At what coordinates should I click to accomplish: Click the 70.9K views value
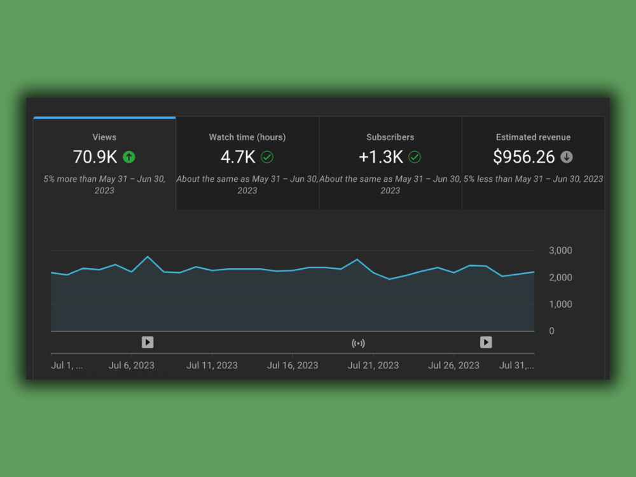[x=95, y=157]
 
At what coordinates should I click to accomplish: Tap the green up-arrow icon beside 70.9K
[x=129, y=157]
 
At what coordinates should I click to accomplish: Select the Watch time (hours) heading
[x=247, y=137]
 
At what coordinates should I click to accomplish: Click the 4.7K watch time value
[x=238, y=157]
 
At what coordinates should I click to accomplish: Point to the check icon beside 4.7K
[x=267, y=157]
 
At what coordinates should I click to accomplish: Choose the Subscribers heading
[x=391, y=137]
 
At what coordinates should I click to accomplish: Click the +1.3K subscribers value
[x=381, y=157]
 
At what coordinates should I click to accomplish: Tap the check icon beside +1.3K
[x=415, y=157]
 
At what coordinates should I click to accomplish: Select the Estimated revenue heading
[x=533, y=137]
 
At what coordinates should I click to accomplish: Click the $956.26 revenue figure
[x=523, y=157]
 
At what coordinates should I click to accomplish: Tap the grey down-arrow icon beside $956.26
[x=567, y=157]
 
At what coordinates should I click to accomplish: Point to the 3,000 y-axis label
[x=560, y=250]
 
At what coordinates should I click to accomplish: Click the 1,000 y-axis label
[x=560, y=304]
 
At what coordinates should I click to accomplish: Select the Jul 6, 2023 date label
[x=132, y=366]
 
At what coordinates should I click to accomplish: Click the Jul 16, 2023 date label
[x=293, y=366]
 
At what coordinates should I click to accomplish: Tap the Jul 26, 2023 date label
[x=454, y=366]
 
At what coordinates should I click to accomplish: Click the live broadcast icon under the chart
[x=358, y=343]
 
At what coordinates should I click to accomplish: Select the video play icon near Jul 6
[x=148, y=342]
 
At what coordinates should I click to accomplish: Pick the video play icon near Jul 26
[x=486, y=342]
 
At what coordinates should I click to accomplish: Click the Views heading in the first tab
[x=104, y=137]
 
